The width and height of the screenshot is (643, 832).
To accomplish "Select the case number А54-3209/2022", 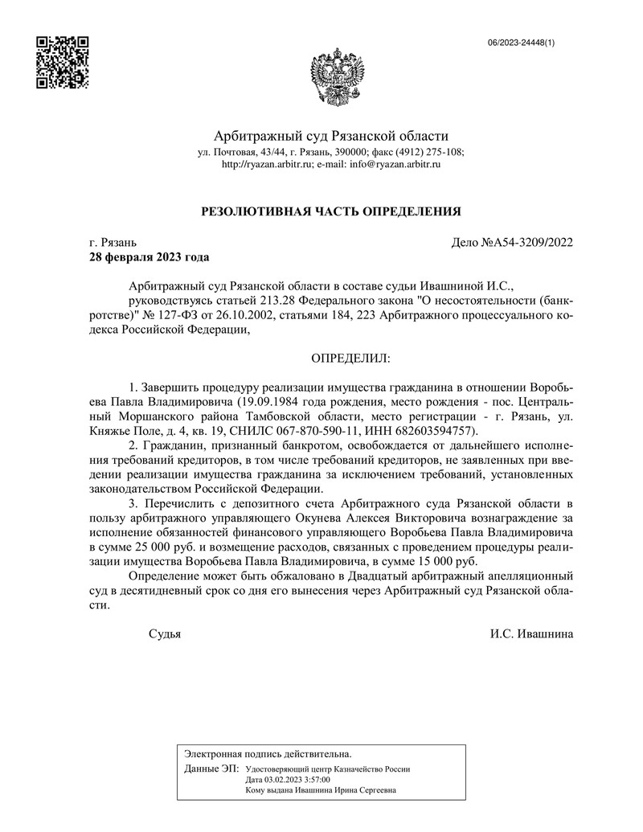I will coord(534,242).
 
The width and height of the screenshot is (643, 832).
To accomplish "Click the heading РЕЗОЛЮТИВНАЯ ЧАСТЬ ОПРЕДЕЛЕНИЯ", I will coord(330,211).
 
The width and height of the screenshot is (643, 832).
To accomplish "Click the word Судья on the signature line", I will coord(165,633).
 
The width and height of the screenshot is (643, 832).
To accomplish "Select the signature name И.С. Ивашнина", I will coord(531,633).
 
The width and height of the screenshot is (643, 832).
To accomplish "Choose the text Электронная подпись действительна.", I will coord(268,754).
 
